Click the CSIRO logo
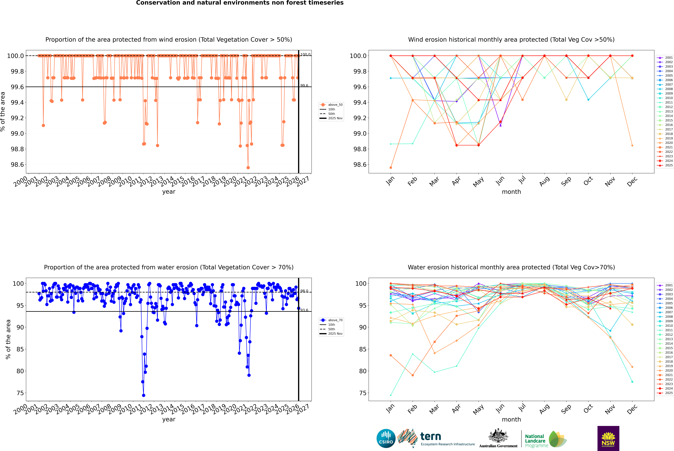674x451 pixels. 386,438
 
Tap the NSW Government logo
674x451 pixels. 608,438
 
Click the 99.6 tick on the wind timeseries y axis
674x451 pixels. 17,87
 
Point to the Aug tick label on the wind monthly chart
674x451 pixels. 544,181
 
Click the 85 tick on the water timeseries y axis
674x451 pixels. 20,349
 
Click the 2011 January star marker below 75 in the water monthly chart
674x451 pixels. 391,395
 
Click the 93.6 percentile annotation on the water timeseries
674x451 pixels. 304,310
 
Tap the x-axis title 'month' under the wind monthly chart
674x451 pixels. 511,192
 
